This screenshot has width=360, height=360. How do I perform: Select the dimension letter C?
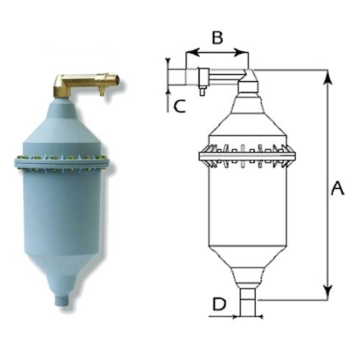pos(179,104)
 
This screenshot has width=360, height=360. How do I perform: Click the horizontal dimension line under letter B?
pos(215,55)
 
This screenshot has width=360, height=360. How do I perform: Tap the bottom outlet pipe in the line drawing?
pos(245,294)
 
